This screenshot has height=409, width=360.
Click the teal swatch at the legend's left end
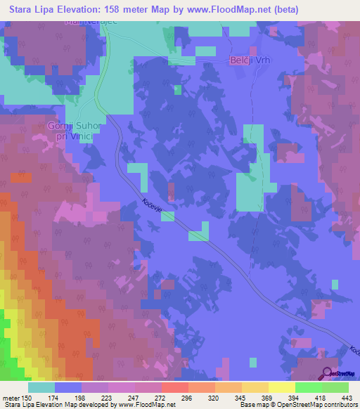click(x=41, y=387)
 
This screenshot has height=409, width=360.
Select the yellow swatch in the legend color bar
click(x=282, y=387)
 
